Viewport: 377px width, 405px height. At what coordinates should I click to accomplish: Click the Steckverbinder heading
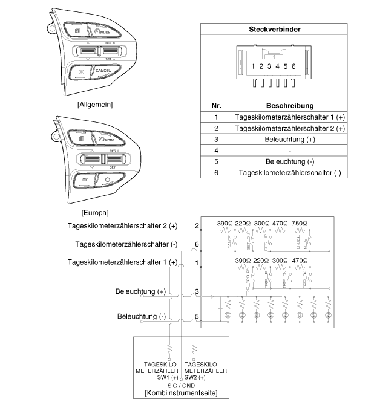(x=275, y=29)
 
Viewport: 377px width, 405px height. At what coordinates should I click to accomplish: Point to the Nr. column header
(x=217, y=104)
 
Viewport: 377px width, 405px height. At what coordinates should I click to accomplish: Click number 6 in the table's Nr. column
(x=216, y=173)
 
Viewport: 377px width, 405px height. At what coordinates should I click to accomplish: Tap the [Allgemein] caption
(x=96, y=104)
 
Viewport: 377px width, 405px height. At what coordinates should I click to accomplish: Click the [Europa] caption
(x=94, y=213)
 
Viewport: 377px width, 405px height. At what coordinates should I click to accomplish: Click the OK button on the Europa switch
(x=85, y=180)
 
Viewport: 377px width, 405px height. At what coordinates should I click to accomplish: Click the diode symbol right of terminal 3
(x=212, y=296)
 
